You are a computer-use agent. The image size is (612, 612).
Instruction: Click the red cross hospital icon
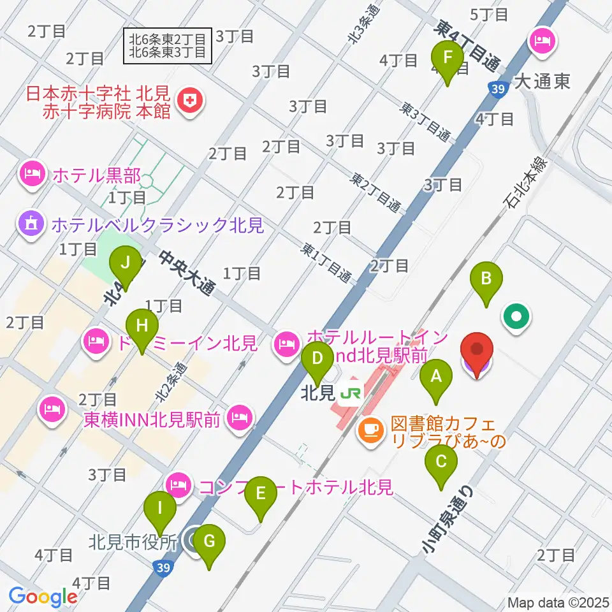pyautogui.click(x=190, y=99)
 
